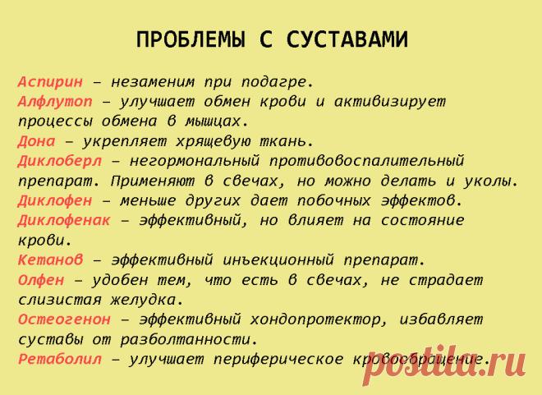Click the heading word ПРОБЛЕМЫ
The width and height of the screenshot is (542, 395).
pos(191,39)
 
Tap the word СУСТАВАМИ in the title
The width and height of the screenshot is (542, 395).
pos(347,39)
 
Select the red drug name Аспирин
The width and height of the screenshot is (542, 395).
pos(50,82)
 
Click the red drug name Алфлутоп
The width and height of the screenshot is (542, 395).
pos(55,102)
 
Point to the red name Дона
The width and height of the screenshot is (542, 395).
pos(37,141)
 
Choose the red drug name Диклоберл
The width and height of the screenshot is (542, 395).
pos(60,161)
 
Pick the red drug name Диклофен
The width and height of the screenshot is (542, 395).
pos(55,200)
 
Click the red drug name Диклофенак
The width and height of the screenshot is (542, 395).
pos(64,220)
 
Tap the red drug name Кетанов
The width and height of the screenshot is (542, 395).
pos(50,260)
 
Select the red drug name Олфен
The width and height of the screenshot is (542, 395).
pos(41,279)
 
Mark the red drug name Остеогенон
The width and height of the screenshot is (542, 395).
pos(64,319)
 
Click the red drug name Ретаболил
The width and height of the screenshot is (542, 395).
pos(60,359)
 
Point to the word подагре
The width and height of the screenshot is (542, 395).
pos(278,83)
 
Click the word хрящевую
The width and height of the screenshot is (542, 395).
pos(213,142)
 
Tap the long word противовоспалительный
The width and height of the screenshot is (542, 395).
pos(366,162)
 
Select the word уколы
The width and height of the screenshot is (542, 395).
pos(491,181)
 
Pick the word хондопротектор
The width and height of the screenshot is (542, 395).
pos(319,320)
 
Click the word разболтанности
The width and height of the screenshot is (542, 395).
pos(190,340)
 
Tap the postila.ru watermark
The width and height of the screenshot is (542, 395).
pos(444,366)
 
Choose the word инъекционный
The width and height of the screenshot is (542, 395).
pos(278,260)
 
